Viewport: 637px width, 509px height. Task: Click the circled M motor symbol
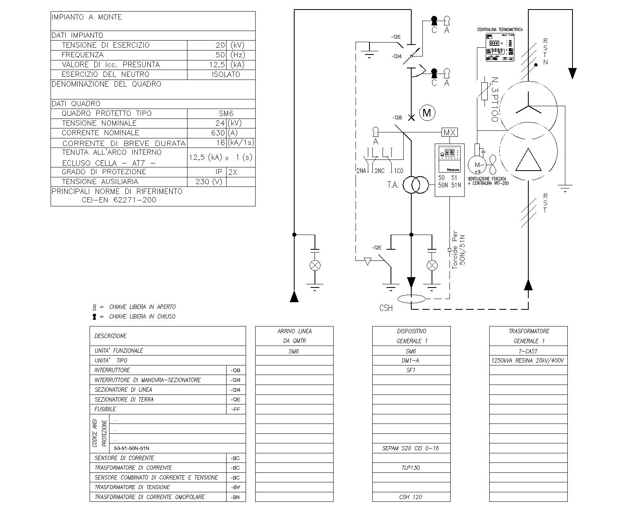pos(427,113)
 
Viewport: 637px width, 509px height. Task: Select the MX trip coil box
pos(449,132)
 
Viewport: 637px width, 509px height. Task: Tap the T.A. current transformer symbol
pos(416,185)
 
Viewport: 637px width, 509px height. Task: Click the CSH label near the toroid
pos(386,308)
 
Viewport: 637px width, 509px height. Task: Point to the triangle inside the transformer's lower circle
pos(528,160)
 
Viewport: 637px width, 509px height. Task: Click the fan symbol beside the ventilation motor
pos(493,164)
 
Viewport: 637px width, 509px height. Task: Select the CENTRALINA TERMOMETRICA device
pos(499,47)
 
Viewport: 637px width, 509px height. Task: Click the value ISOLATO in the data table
pos(226,74)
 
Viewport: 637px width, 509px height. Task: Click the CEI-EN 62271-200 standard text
pos(119,200)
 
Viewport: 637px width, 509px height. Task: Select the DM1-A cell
pos(411,360)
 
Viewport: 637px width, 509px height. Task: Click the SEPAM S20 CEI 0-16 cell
pos(411,448)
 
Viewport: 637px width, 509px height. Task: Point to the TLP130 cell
pos(411,468)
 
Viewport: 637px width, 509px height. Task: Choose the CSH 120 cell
pos(411,497)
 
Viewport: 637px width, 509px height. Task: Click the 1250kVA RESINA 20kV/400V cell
pos(528,360)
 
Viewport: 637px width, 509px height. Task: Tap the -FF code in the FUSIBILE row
pos(236,409)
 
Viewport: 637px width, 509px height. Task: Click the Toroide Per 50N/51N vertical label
pos(458,251)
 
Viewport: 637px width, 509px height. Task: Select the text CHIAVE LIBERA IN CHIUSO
pos(142,317)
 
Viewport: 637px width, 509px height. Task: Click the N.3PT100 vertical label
pos(495,99)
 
